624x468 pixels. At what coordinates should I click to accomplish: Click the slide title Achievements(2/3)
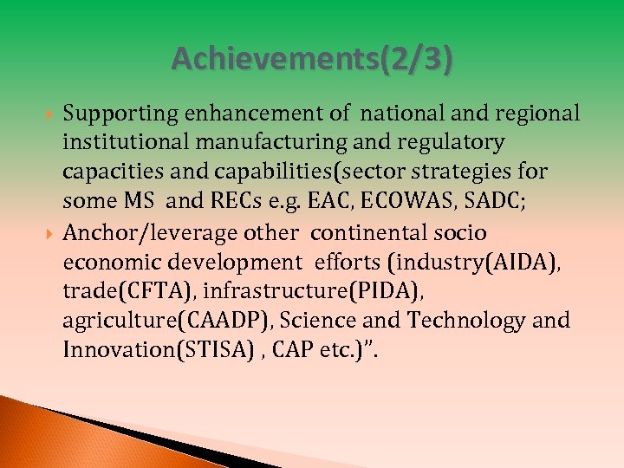(312, 59)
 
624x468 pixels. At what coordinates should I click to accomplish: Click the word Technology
(466, 322)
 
